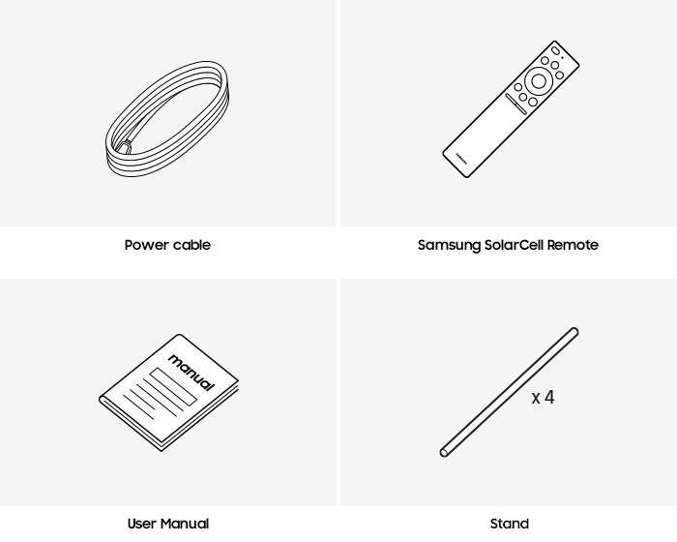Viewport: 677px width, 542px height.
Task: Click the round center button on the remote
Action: (539, 81)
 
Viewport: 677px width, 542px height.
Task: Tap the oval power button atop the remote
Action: (556, 50)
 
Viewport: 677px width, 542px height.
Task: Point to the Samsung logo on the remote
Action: (461, 158)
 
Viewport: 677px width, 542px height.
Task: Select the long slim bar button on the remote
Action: (515, 105)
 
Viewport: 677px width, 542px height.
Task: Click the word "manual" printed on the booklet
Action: (191, 372)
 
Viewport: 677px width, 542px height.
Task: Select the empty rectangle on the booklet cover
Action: (173, 386)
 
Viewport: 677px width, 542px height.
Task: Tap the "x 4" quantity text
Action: (543, 397)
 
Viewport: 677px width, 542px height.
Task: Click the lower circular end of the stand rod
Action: (444, 453)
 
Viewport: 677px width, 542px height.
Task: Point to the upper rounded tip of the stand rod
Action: (574, 331)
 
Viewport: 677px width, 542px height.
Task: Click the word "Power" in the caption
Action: (146, 245)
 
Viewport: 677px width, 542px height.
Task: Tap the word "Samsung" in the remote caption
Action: (449, 245)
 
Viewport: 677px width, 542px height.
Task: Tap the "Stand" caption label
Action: (510, 524)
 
